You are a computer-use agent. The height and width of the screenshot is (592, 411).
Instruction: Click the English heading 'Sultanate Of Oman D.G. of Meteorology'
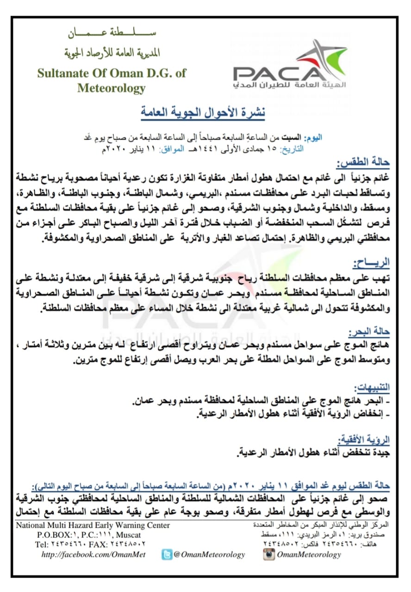[112, 80]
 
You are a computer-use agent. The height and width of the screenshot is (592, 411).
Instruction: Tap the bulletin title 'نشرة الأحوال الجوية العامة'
[203, 113]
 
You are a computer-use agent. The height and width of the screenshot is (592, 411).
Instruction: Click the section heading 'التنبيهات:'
[372, 387]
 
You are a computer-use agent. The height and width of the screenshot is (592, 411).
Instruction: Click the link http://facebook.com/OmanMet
[93, 555]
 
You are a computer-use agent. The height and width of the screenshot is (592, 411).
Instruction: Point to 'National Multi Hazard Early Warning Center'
[93, 525]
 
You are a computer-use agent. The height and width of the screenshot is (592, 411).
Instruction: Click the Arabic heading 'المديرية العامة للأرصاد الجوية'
[112, 53]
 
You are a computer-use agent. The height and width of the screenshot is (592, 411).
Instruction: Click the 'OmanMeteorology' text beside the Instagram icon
[308, 555]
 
